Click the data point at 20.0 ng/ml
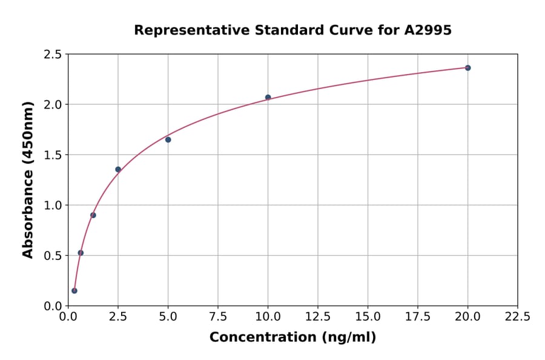[x=467, y=68]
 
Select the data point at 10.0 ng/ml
[x=268, y=98]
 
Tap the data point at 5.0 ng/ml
[x=168, y=140]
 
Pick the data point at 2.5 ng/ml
[x=118, y=170]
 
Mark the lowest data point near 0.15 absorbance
[x=74, y=291]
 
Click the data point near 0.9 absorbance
[x=93, y=215]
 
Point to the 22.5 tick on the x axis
[x=517, y=316]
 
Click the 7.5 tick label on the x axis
[x=218, y=316]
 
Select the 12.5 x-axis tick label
[x=318, y=316]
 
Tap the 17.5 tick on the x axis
[x=417, y=316]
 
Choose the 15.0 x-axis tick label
[x=368, y=316]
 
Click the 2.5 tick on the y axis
[x=53, y=55]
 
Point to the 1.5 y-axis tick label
[x=53, y=155]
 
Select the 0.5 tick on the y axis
[x=53, y=256]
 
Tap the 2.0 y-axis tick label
[x=53, y=105]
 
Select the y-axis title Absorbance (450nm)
[x=28, y=179]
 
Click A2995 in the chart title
[x=428, y=30]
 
